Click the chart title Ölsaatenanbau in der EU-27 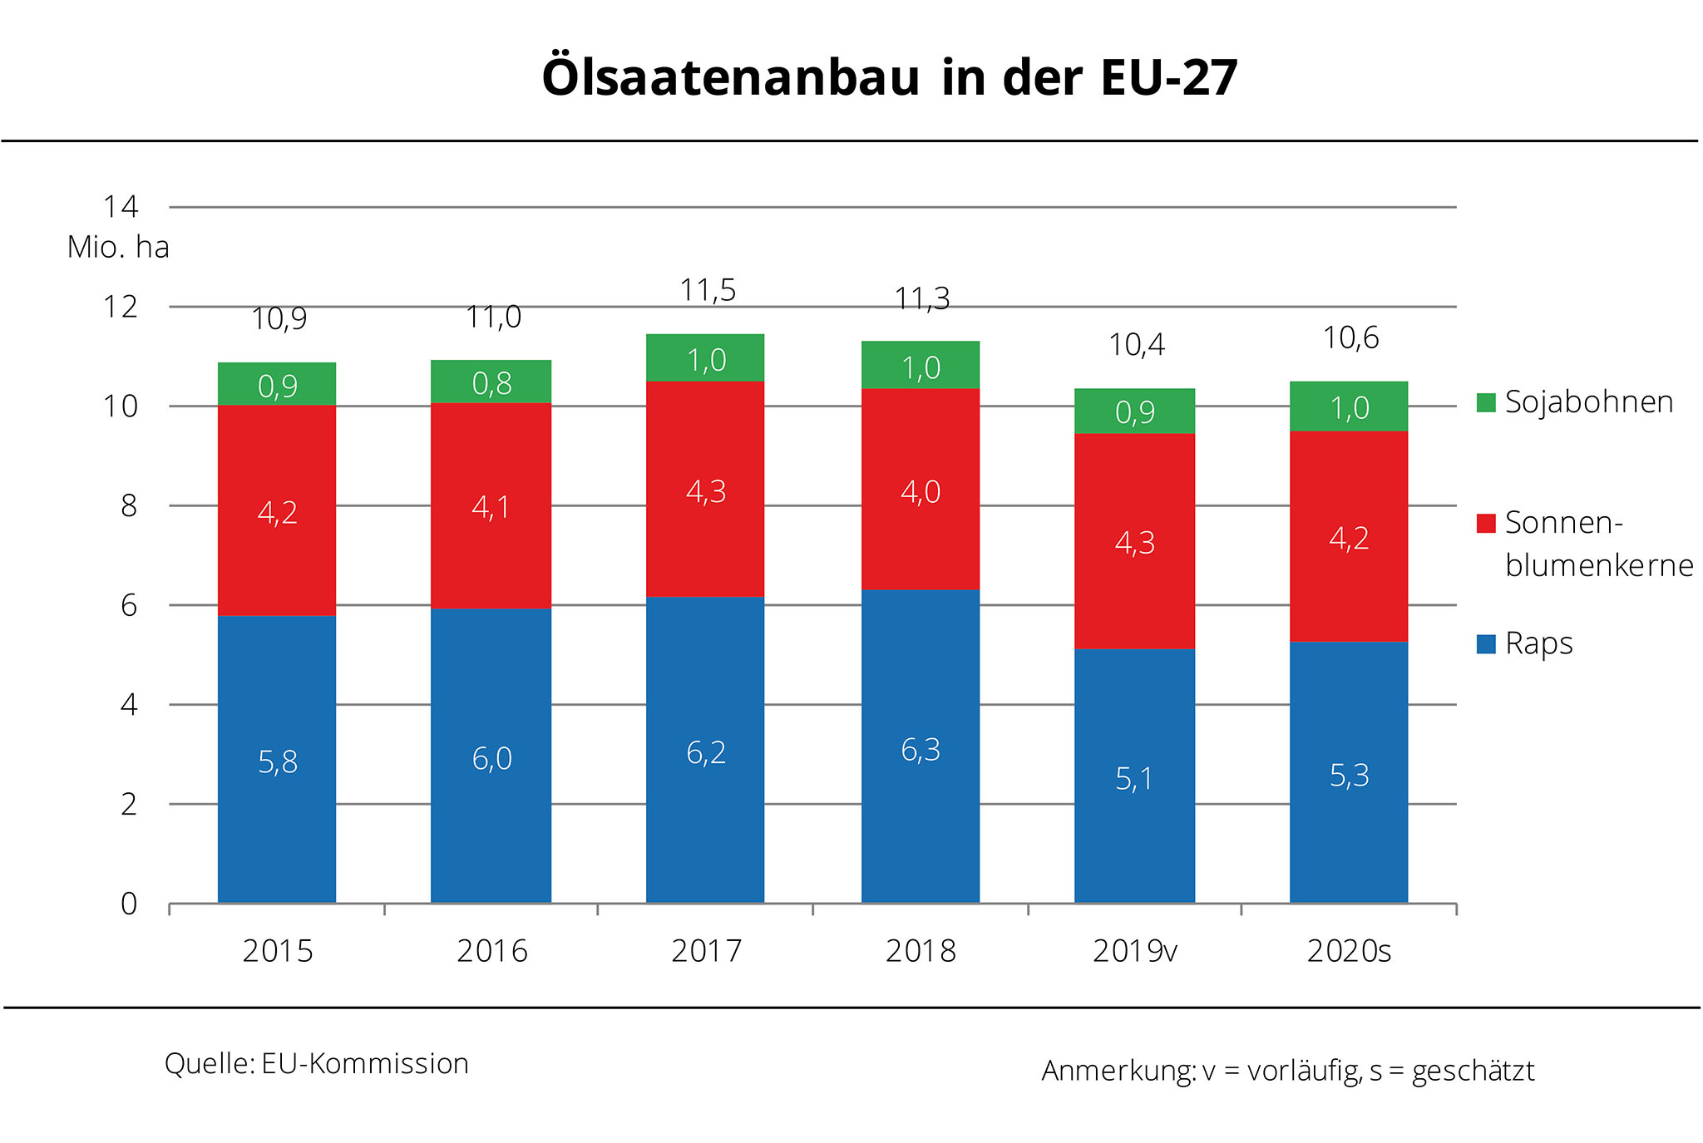pyautogui.click(x=889, y=77)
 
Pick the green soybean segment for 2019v pyautogui.click(x=1134, y=411)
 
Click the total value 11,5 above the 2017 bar pyautogui.click(x=708, y=290)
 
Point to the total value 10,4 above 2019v pyautogui.click(x=1137, y=344)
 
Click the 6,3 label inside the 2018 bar pyautogui.click(x=921, y=750)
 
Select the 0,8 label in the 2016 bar pyautogui.click(x=491, y=383)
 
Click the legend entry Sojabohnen pyautogui.click(x=1588, y=402)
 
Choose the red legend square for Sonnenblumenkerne pyautogui.click(x=1486, y=523)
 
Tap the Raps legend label pyautogui.click(x=1538, y=643)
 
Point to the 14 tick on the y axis pyautogui.click(x=121, y=206)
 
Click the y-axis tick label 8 pyautogui.click(x=128, y=505)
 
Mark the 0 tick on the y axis pyautogui.click(x=128, y=904)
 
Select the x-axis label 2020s pyautogui.click(x=1349, y=951)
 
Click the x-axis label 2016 pyautogui.click(x=491, y=951)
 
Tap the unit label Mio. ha pyautogui.click(x=118, y=247)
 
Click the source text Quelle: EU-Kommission pyautogui.click(x=317, y=1063)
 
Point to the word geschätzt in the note pyautogui.click(x=1473, y=1071)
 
